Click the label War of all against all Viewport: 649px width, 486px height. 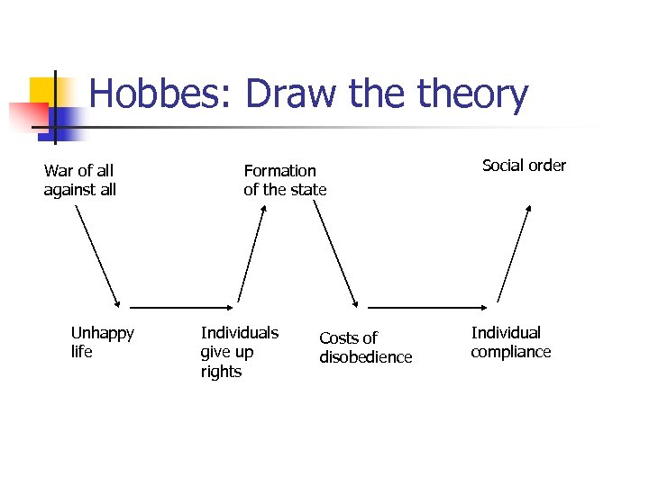point(80,180)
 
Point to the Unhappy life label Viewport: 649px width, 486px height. point(102,342)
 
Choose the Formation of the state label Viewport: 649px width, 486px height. point(285,180)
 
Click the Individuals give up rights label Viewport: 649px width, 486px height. point(239,352)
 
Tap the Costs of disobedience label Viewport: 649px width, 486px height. point(365,347)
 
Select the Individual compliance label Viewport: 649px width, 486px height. point(510,342)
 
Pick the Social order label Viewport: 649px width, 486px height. point(524,166)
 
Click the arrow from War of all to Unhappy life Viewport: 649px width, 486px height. point(96,257)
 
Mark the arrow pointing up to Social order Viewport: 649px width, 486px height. point(514,254)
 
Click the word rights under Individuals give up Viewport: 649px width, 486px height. point(221,372)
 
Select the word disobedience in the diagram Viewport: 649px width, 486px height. point(365,357)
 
